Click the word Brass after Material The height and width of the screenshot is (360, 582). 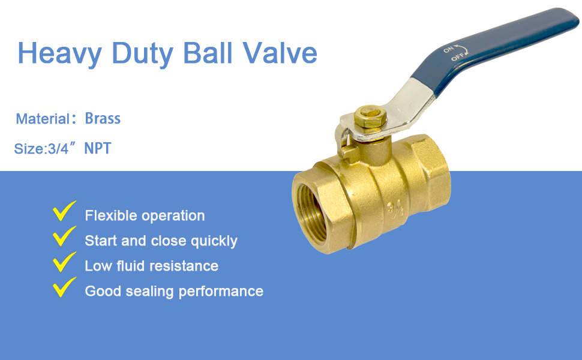[x=103, y=118]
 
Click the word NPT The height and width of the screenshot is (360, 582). [x=98, y=148]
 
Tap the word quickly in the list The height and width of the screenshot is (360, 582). [x=214, y=241]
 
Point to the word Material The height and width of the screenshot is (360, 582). [x=43, y=119]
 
